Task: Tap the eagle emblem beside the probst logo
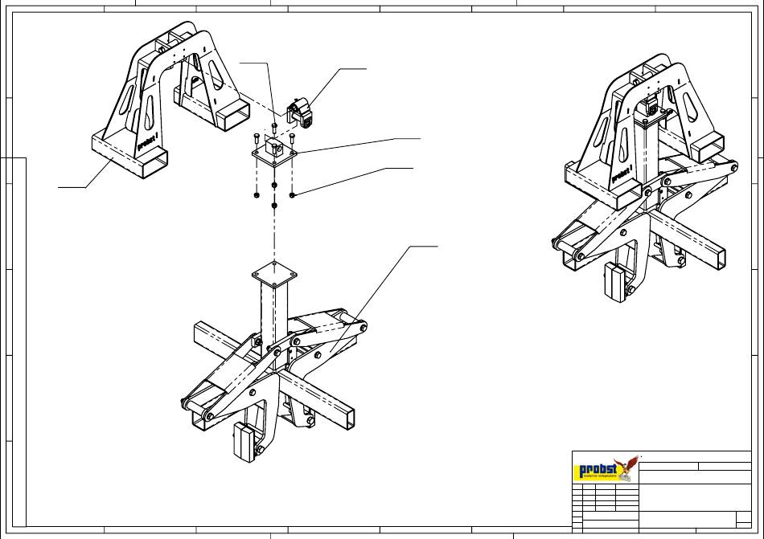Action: [626, 468]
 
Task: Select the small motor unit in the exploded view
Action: [302, 111]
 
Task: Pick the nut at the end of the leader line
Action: [293, 194]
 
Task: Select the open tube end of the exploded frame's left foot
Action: [156, 163]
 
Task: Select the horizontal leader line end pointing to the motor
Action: [366, 69]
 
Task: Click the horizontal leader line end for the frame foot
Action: [59, 187]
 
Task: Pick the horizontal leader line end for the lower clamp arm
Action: [437, 246]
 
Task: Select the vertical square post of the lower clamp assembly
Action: [273, 313]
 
